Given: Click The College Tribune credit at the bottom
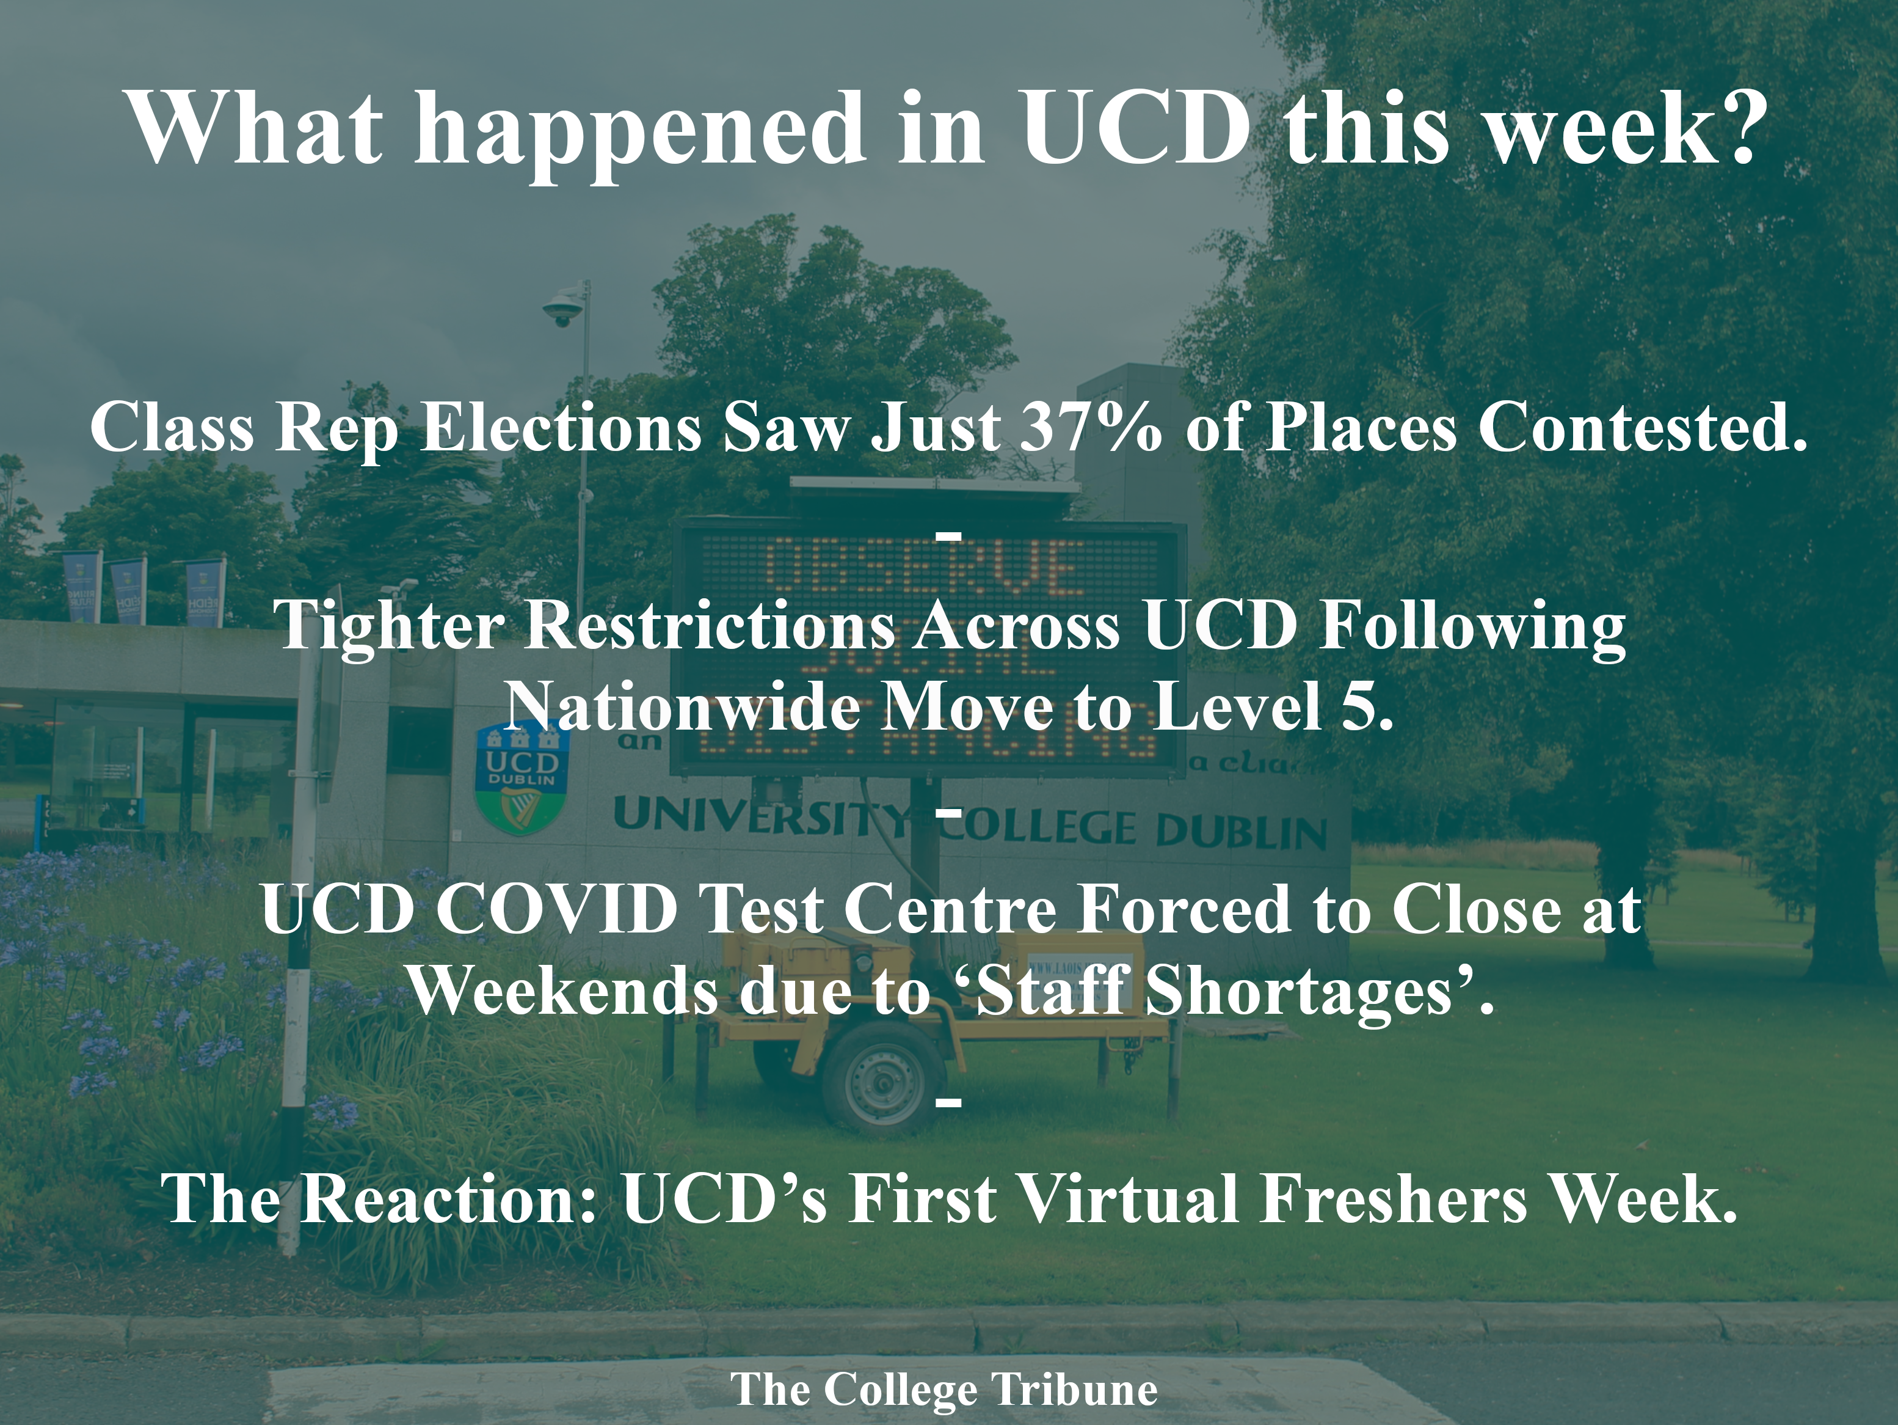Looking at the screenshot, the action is pyautogui.click(x=944, y=1389).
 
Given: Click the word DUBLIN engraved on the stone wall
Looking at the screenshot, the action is pyautogui.click(x=1241, y=832).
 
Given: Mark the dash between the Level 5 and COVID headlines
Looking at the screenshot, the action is pyautogui.click(x=948, y=811).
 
